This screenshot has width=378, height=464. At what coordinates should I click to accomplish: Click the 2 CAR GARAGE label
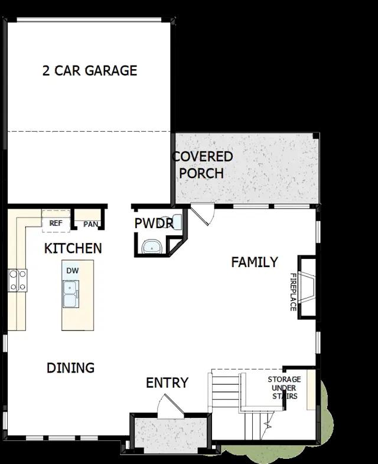(x=90, y=71)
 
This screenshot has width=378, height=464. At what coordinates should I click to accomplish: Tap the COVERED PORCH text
(x=203, y=165)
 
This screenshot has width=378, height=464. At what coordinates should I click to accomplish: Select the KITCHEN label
(x=73, y=248)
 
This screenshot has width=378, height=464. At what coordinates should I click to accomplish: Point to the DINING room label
(x=71, y=368)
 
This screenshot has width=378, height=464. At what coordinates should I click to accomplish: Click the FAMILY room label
(x=255, y=262)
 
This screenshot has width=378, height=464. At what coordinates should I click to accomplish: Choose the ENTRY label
(x=167, y=383)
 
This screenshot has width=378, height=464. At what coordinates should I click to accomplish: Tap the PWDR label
(x=154, y=223)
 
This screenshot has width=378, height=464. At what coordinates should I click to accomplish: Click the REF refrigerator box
(x=56, y=221)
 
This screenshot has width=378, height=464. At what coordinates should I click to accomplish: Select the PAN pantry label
(x=90, y=224)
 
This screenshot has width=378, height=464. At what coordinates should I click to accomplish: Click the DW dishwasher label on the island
(x=73, y=271)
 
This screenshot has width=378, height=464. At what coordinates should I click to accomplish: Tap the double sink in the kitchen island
(x=71, y=294)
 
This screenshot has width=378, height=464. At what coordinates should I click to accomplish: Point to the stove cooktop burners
(x=18, y=280)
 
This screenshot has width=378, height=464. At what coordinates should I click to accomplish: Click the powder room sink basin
(x=152, y=247)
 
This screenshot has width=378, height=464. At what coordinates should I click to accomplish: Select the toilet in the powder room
(x=177, y=222)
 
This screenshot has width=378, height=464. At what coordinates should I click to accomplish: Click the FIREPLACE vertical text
(x=293, y=292)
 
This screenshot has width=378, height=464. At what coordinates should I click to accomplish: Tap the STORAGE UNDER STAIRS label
(x=285, y=388)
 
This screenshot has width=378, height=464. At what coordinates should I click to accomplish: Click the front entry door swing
(x=170, y=406)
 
